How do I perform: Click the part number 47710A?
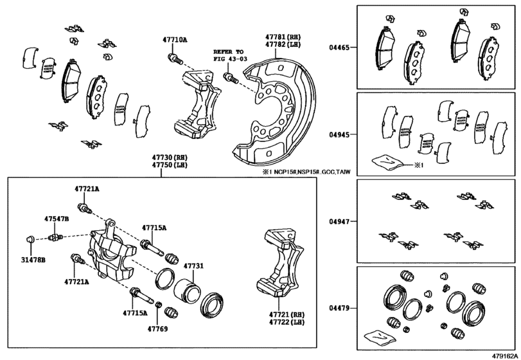point(175,40)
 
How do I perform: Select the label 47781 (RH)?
point(283,37)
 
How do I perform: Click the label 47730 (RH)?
point(170,157)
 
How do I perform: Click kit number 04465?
point(340,48)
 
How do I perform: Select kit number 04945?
point(340,135)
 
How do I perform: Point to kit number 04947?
point(340,221)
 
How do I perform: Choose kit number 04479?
point(340,309)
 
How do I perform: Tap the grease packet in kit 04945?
point(389,163)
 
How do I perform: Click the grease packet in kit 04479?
point(378,334)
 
